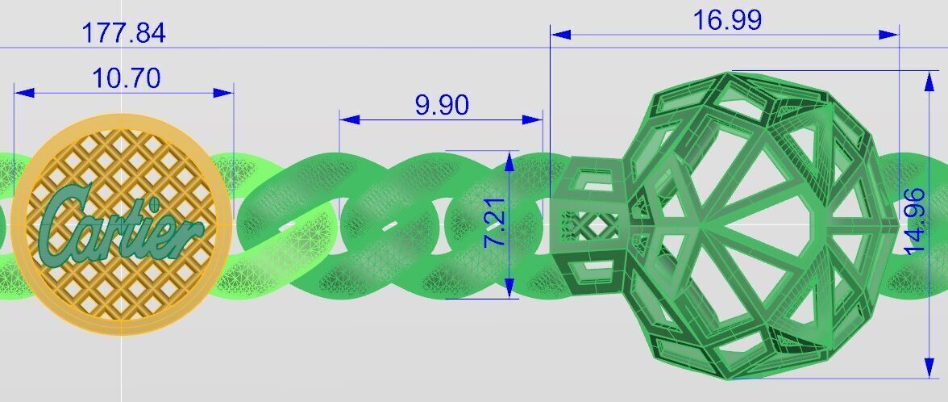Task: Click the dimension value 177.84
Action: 123,33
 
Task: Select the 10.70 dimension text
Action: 127,78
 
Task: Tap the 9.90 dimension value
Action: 441,105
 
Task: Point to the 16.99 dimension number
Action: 727,20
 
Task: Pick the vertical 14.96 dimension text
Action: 915,221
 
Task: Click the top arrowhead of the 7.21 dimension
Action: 509,161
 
